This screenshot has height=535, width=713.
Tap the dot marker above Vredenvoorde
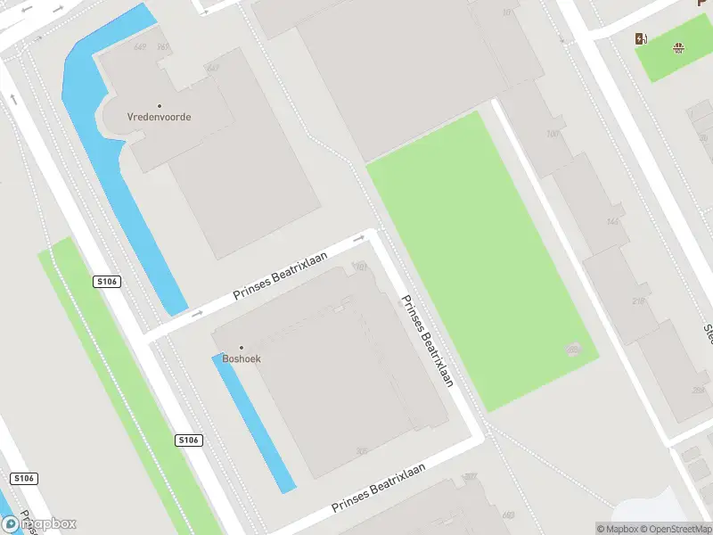[x=160, y=105]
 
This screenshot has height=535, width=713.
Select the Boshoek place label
[x=242, y=358]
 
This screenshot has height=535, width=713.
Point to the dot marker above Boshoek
[x=241, y=348]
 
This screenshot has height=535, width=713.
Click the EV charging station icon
[x=640, y=38]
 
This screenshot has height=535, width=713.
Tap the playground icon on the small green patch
[x=680, y=48]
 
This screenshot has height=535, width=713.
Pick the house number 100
[x=553, y=135]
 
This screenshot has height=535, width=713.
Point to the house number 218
[x=636, y=302]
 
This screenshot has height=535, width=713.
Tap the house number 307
[x=470, y=477]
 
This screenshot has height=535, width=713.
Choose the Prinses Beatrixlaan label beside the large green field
[x=427, y=341]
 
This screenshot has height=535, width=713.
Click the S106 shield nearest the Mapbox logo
[x=24, y=479]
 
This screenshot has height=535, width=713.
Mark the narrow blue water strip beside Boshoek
[x=254, y=424]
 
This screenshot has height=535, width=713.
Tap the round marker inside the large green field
[x=573, y=349]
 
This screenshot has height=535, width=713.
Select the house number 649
[x=140, y=46]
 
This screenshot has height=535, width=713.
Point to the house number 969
[x=508, y=514]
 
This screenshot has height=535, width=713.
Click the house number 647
[x=212, y=68]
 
